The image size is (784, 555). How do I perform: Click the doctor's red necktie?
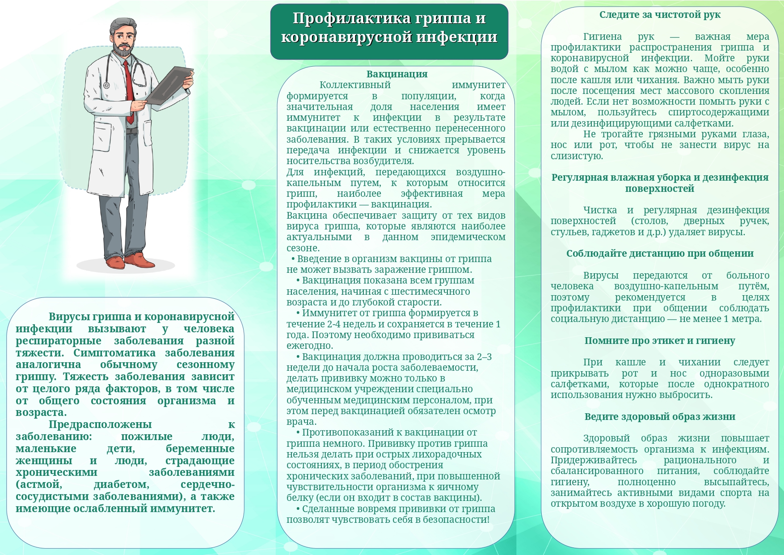(x=129, y=89)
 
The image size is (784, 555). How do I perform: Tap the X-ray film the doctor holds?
(x=170, y=85)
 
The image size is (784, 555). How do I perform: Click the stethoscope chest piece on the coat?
(x=106, y=85)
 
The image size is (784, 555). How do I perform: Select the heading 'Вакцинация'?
(x=397, y=74)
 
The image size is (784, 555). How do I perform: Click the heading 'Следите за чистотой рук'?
(x=660, y=15)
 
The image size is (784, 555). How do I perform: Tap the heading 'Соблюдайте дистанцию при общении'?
(x=660, y=254)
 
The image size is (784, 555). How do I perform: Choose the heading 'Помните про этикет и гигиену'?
(x=660, y=341)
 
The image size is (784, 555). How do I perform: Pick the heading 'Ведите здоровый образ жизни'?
(x=660, y=417)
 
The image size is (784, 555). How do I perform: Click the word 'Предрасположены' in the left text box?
(x=100, y=424)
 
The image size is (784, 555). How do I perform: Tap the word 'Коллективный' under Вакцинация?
(x=355, y=85)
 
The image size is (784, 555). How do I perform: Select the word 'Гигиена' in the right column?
(x=602, y=37)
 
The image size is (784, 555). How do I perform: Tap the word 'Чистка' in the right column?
(x=600, y=210)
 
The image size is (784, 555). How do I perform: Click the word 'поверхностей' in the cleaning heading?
(x=660, y=189)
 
